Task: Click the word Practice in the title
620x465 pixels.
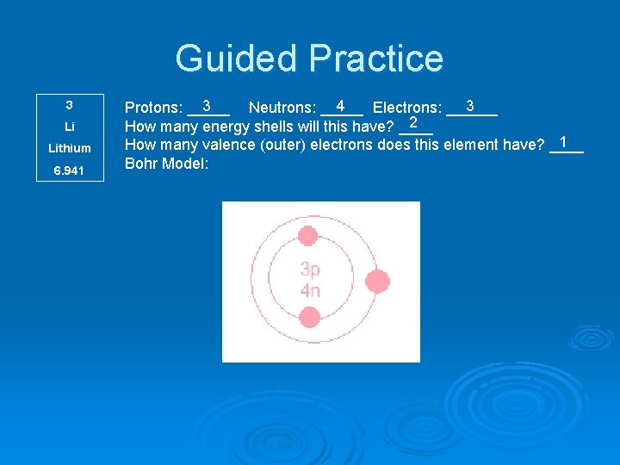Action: [x=375, y=59]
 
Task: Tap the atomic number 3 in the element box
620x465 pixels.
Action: [x=69, y=105]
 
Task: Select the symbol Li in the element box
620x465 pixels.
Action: [x=69, y=127]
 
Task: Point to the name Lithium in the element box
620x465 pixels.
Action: [x=69, y=148]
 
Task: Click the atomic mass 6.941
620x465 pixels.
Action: [x=69, y=170]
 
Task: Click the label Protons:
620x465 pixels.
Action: [x=153, y=108]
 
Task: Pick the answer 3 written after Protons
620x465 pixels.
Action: [x=208, y=106]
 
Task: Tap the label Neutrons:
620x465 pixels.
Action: [x=282, y=108]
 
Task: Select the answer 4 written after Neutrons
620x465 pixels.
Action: [x=341, y=106]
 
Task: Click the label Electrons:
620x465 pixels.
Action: [x=406, y=108]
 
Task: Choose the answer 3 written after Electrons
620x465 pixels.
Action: [x=470, y=106]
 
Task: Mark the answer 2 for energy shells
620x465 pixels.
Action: [x=414, y=123]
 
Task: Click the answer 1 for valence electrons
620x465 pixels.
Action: [x=563, y=141]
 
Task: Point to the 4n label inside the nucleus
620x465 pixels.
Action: [x=310, y=290]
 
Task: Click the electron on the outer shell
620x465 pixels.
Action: [x=376, y=281]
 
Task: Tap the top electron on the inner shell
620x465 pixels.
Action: [x=308, y=235]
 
